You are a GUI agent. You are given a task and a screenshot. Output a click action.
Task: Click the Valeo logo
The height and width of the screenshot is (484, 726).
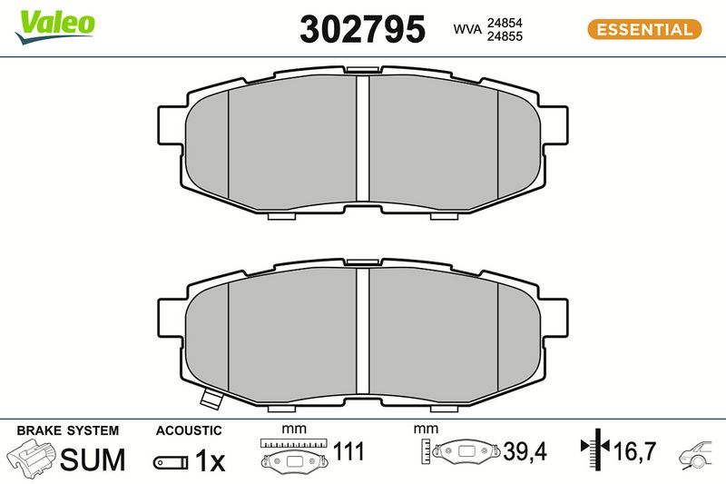click(x=55, y=26)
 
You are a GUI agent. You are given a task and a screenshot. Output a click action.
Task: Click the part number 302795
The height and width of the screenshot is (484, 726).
click(x=362, y=29)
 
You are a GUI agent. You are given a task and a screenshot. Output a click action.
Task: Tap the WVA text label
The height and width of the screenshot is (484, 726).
click(x=467, y=29)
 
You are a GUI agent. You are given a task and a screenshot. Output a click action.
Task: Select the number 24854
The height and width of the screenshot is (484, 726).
click(x=505, y=23)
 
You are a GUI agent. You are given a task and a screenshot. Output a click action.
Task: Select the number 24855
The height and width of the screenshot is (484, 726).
click(x=505, y=36)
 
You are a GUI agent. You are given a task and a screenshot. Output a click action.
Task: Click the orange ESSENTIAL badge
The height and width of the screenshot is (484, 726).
click(x=644, y=29)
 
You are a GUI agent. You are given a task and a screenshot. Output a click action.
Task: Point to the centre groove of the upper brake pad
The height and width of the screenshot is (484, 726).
click(x=363, y=138)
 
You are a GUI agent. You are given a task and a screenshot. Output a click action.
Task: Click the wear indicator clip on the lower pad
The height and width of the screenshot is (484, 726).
click(x=211, y=400)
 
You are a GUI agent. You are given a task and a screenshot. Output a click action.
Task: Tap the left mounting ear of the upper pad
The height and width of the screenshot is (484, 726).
click(x=171, y=125)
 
